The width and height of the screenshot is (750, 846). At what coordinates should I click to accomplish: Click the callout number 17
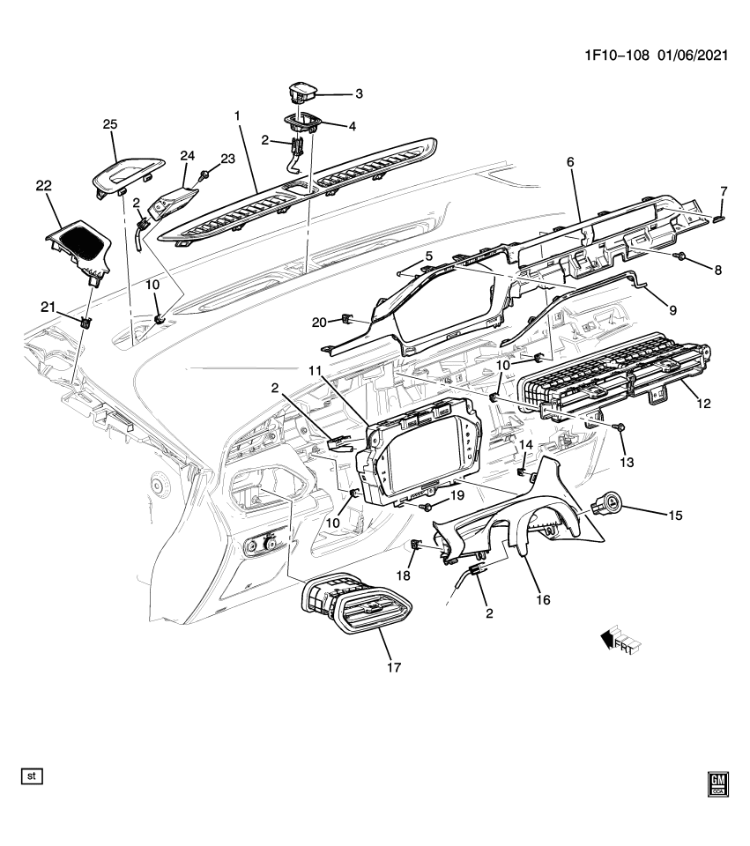coord(394,667)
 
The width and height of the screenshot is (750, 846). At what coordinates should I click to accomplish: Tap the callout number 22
coord(44,185)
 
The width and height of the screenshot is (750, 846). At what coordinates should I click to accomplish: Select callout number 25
coord(110,125)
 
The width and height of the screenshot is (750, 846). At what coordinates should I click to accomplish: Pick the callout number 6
coord(569,163)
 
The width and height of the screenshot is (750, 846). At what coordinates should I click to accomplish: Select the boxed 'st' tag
coord(32,776)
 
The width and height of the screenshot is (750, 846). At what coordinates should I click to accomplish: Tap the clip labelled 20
coord(347,319)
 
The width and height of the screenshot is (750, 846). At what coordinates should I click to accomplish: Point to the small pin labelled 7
coord(719,217)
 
